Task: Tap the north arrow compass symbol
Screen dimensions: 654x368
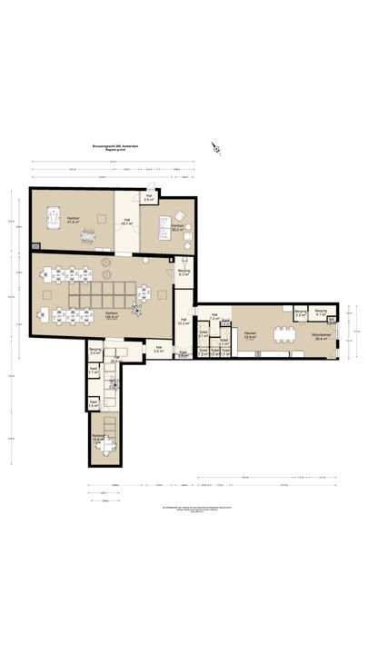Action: (x=216, y=147)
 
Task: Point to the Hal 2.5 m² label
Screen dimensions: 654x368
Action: (x=148, y=197)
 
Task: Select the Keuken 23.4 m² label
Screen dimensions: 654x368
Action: (x=249, y=333)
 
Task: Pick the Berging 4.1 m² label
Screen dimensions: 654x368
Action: (x=320, y=313)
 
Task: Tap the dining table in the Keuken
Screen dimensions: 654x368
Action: (x=285, y=329)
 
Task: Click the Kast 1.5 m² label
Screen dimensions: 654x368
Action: (x=94, y=404)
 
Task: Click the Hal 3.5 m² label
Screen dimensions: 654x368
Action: (x=158, y=349)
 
